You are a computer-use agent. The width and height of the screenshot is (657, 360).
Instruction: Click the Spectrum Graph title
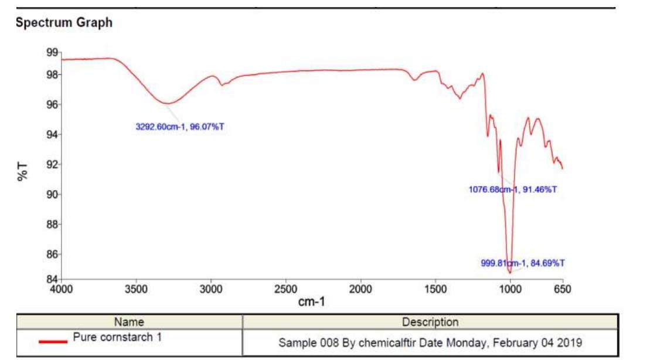(64, 23)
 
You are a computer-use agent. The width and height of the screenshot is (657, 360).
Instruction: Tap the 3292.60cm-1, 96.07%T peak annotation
(180, 127)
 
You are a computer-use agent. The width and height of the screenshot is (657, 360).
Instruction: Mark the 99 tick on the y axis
(52, 53)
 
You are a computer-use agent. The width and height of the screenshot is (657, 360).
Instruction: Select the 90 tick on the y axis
(52, 195)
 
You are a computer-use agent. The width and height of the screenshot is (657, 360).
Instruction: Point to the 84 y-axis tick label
(52, 279)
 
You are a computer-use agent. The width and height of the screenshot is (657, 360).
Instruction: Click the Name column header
(129, 322)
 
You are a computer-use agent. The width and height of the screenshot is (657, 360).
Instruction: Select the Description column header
(430, 322)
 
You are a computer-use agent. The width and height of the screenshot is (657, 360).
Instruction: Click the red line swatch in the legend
(53, 341)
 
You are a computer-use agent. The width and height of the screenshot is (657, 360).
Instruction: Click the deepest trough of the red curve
(510, 273)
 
